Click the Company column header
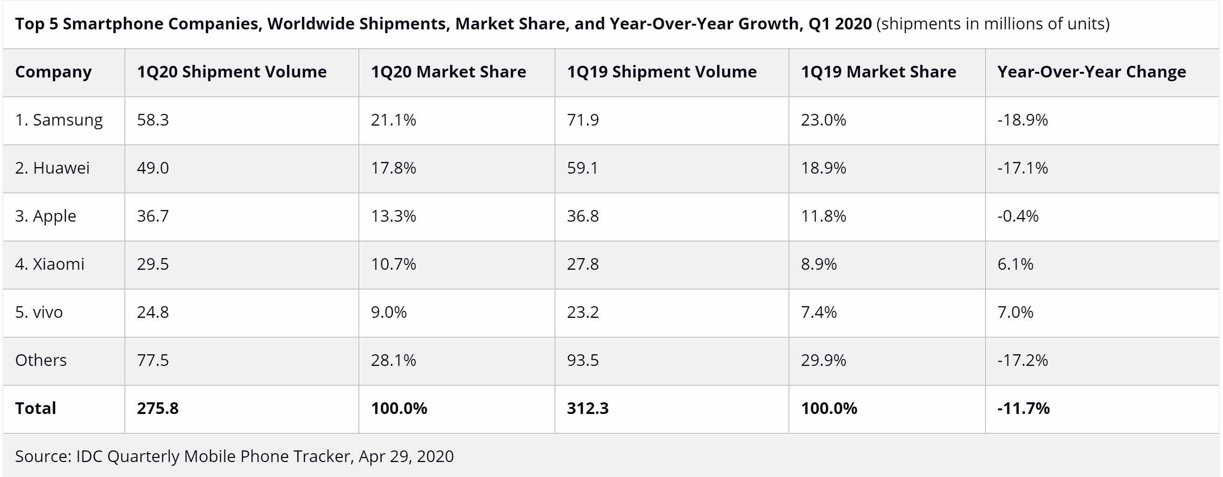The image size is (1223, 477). click(x=53, y=72)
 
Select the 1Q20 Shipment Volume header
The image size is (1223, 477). click(x=232, y=72)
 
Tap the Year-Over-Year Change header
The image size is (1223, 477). click(x=1091, y=72)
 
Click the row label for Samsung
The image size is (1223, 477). click(x=59, y=120)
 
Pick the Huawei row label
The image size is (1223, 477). click(x=52, y=168)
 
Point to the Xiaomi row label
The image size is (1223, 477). click(x=50, y=264)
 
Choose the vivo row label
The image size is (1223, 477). click(x=39, y=312)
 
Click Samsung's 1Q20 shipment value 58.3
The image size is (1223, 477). click(x=153, y=120)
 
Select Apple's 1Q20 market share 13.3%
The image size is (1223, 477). click(x=393, y=216)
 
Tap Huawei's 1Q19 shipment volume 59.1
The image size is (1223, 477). click(x=582, y=168)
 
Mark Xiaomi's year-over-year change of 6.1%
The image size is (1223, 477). click(x=1015, y=264)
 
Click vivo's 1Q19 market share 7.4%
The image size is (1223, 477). click(x=819, y=312)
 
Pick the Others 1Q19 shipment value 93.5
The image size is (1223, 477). click(x=582, y=360)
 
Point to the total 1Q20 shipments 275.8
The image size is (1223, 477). click(x=158, y=408)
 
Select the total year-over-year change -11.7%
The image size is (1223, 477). click(x=1023, y=408)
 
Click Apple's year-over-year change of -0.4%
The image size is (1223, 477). click(x=1018, y=216)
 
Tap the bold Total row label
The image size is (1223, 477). click(x=35, y=408)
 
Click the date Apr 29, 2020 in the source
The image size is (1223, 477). click(x=406, y=456)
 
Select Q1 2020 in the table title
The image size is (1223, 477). click(x=840, y=24)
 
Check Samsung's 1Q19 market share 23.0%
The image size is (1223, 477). click(x=823, y=120)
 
